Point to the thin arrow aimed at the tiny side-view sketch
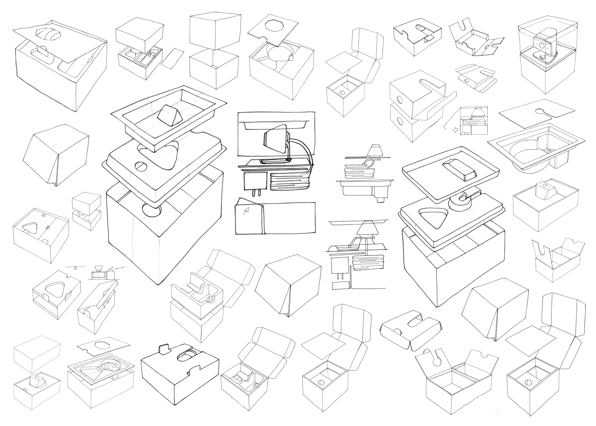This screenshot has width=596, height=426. pyautogui.click(x=119, y=268)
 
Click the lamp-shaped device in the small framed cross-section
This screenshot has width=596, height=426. pyautogui.click(x=475, y=112)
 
